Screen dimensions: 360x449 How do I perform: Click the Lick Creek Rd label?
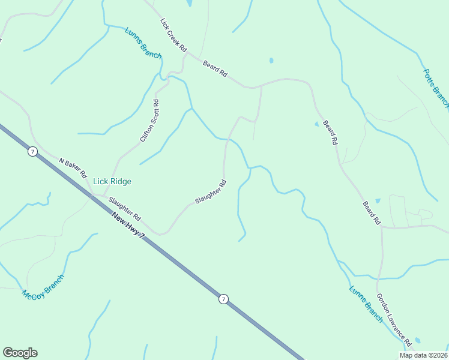point(174,35)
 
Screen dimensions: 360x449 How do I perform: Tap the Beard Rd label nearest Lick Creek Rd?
point(215,69)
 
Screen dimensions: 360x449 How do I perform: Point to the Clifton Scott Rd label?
point(149,121)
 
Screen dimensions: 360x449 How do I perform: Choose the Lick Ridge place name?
point(112,181)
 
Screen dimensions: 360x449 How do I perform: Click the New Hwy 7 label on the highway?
point(128,226)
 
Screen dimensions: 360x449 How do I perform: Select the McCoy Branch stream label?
point(43,287)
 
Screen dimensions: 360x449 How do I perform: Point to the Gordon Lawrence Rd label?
point(394,320)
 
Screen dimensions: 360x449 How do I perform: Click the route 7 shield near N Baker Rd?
point(32,152)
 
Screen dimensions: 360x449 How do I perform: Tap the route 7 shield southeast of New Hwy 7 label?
point(223,299)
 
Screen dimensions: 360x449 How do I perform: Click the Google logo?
point(20,353)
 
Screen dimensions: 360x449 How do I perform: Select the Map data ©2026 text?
point(423,355)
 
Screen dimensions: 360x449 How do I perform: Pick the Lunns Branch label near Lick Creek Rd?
point(143,43)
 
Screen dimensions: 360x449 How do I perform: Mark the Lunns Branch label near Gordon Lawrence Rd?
point(366,304)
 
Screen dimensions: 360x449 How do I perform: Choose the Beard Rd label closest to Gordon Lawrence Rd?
point(372,213)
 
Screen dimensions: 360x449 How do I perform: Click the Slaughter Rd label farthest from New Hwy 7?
point(210,191)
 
